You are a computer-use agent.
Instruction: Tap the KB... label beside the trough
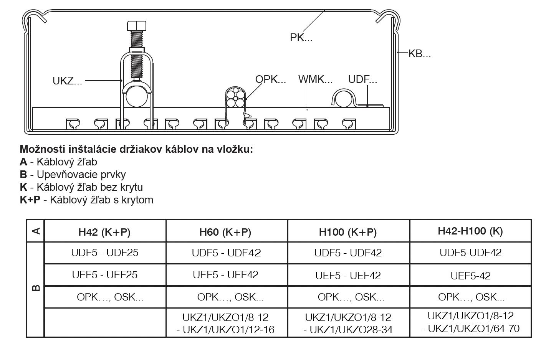(x=419, y=54)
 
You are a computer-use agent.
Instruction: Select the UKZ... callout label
(x=67, y=81)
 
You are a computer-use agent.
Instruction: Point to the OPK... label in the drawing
(x=270, y=79)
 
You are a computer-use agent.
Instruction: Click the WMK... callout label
(x=315, y=79)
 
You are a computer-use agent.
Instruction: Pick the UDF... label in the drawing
(x=362, y=79)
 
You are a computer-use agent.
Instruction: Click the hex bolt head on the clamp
(x=137, y=26)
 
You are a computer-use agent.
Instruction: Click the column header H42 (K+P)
(x=104, y=232)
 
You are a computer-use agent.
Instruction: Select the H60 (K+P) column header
(x=225, y=232)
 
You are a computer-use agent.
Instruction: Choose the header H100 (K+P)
(x=347, y=232)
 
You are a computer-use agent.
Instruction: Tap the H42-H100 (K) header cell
(x=470, y=231)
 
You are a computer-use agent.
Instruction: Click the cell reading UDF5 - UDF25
(x=105, y=253)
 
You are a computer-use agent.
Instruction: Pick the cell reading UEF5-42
(x=470, y=276)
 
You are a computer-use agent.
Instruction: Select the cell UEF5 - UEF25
(x=105, y=275)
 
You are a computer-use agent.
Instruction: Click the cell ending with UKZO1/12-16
(x=225, y=324)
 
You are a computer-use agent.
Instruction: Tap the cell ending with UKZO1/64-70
(x=470, y=322)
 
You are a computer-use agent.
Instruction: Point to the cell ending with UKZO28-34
(x=348, y=324)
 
